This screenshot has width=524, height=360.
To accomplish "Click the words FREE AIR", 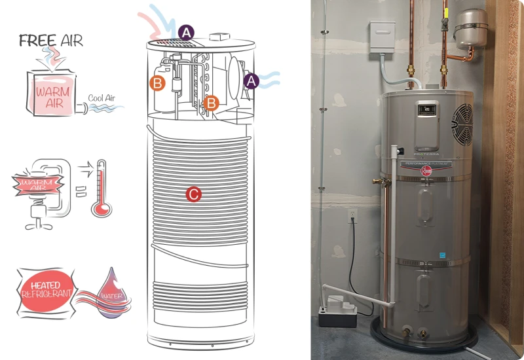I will click(51, 40).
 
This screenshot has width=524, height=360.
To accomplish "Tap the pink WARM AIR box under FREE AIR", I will click(54, 95).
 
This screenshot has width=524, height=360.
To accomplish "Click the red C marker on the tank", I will click(193, 194).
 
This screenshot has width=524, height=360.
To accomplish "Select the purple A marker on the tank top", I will click(186, 32).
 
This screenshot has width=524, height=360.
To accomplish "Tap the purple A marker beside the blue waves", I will click(251, 81).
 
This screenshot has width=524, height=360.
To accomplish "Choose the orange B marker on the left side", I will click(157, 83).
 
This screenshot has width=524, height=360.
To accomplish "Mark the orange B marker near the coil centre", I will click(211, 102).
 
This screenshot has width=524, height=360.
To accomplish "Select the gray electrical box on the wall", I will click(383, 37).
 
